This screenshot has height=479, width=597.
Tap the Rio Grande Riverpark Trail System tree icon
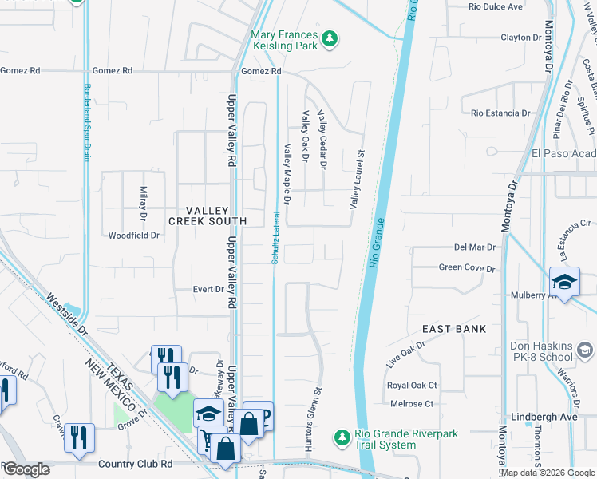point(342,437)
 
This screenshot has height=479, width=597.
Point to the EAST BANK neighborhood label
point(454,329)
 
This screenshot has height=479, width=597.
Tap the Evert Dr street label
point(208,289)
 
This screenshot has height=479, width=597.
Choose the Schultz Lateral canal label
point(274,238)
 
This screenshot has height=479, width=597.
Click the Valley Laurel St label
point(356,180)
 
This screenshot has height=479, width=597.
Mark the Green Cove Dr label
point(467,268)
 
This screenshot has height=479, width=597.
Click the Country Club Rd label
point(135,464)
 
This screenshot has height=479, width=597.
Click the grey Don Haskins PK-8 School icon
point(585,350)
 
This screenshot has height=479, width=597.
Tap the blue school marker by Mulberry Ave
point(563,282)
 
